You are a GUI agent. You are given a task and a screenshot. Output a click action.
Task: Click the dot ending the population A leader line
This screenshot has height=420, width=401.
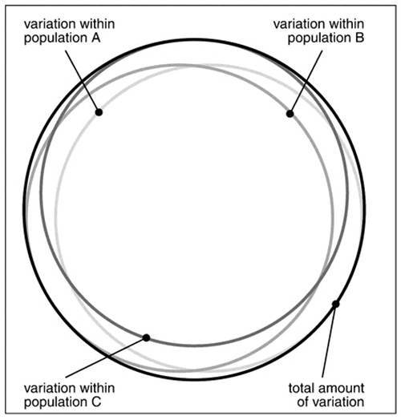99,112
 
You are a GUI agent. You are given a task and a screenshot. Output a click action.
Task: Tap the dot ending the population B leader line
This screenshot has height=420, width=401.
290,114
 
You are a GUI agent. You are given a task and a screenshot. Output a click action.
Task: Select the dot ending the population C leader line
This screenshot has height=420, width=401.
146,337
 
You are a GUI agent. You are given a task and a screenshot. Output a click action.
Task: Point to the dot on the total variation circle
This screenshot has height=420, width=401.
335,304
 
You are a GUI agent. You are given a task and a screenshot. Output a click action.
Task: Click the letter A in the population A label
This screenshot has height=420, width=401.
95,38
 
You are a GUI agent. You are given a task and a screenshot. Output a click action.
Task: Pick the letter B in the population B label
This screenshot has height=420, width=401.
359,38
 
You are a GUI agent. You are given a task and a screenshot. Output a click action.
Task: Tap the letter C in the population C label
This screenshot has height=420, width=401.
96,402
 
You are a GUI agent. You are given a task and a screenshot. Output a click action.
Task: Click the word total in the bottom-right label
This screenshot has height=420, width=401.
302,388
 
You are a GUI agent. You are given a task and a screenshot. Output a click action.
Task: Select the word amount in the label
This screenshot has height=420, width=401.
342,389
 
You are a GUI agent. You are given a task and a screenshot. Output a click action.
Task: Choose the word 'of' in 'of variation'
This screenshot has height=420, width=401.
302,402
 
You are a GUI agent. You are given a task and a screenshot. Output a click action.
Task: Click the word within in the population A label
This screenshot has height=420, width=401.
97,24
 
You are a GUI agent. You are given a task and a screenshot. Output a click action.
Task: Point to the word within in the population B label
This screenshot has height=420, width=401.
346,24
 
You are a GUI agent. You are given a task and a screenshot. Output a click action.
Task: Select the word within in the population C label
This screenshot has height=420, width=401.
97,388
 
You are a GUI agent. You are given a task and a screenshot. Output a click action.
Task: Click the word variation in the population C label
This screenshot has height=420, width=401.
50,388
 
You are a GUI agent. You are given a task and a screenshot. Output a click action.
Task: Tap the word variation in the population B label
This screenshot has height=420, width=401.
300,24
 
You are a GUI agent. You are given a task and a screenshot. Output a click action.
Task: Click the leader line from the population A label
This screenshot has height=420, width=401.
83,82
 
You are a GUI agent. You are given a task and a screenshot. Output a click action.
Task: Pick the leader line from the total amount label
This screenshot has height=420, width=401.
329,341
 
